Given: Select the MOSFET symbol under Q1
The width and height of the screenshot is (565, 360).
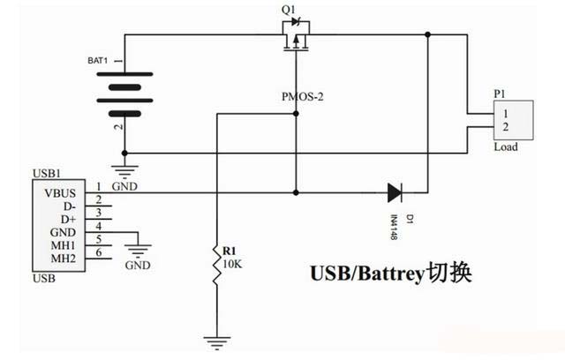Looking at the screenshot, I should (x=295, y=42).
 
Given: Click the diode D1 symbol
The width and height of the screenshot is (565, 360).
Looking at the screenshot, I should (x=394, y=190).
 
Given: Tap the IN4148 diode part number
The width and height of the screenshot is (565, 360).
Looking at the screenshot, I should (x=395, y=224).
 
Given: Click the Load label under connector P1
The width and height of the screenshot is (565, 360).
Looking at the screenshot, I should (x=506, y=147).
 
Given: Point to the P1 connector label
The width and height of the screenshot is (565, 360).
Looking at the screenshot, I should (x=500, y=93).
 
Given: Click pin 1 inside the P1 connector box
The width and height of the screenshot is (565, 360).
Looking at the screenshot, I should (x=504, y=113).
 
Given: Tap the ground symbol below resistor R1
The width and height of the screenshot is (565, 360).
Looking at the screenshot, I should (x=215, y=339).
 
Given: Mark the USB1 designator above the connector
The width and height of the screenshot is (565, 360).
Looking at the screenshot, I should (x=45, y=173).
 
